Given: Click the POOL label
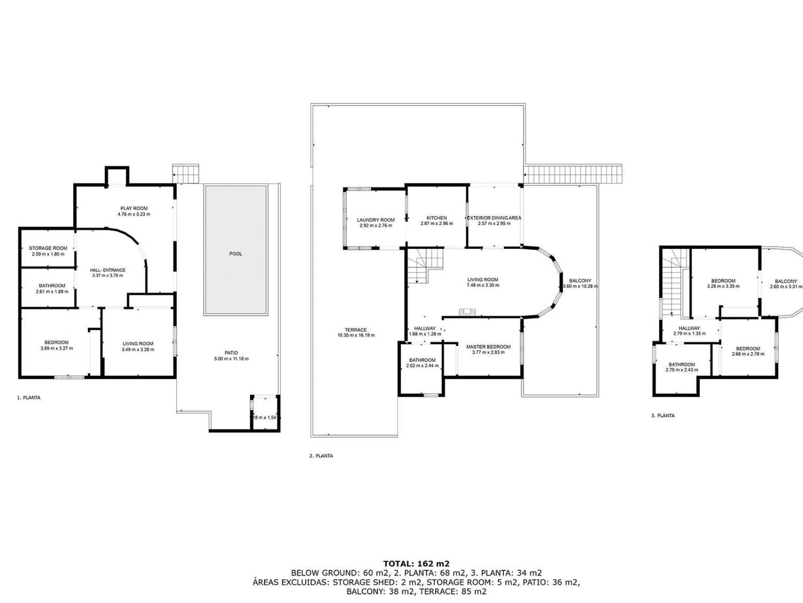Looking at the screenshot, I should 236,254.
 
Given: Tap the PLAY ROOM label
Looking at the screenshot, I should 134,208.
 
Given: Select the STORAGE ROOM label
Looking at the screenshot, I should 48,248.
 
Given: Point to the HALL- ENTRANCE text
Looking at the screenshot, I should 108,270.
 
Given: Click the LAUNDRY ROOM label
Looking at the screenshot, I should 376,220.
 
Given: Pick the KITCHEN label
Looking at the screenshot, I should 437,218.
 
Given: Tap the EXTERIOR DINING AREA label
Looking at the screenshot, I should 494,218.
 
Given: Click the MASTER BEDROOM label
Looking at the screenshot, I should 488,347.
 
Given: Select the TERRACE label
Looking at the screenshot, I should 355,330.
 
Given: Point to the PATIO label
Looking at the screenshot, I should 231,353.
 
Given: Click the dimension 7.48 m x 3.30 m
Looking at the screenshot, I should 483,285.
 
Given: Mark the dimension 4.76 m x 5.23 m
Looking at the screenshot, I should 134,214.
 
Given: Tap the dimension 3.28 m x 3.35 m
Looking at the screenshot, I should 723,286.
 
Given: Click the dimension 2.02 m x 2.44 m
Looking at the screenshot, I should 422,366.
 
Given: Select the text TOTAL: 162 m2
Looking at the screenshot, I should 416,563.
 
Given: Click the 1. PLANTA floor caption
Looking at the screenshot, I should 29,398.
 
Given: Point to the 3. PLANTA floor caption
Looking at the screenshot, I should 663,415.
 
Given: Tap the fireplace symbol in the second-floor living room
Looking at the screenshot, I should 466,311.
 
